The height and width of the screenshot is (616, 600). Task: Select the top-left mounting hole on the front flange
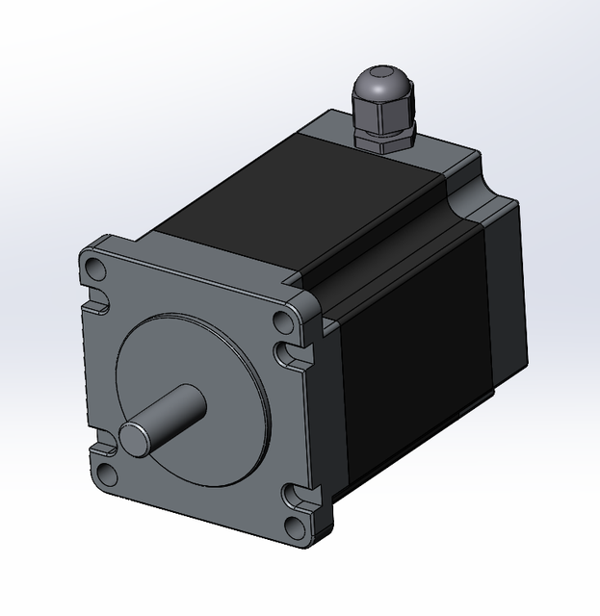[93, 266]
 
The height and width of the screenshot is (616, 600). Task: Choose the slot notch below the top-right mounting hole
[287, 355]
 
